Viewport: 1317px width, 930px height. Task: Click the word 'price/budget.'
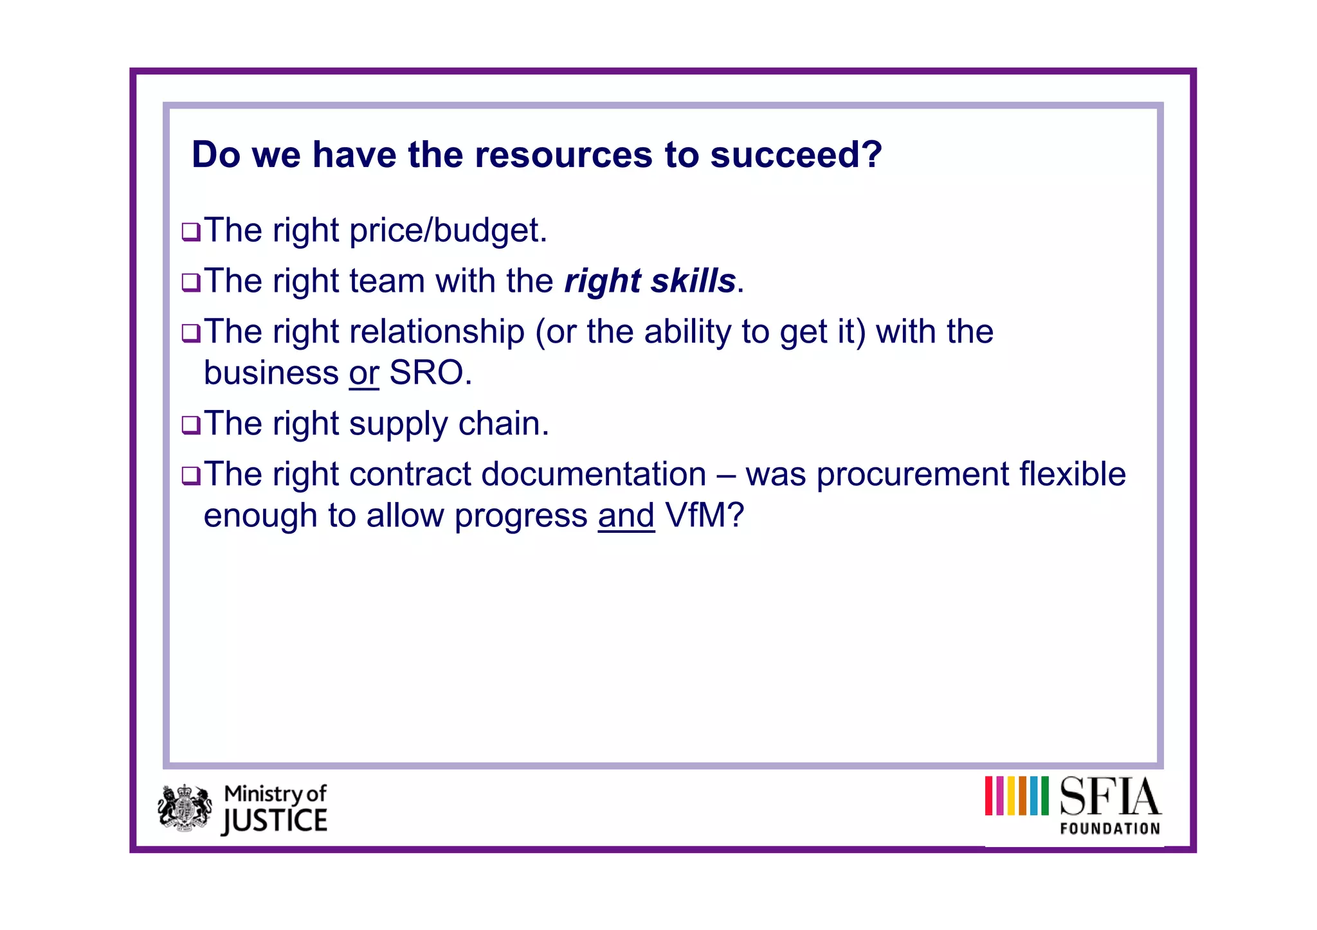(448, 231)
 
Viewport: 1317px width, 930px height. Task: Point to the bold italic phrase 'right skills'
(649, 282)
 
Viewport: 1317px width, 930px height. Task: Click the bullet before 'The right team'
(191, 282)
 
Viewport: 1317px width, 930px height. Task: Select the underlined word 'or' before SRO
(364, 373)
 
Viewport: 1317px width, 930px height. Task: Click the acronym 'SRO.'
(430, 373)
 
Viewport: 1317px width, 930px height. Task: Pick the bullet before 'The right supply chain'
(191, 425)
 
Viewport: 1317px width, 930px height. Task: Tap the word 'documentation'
(594, 474)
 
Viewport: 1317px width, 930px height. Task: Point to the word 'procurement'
(913, 474)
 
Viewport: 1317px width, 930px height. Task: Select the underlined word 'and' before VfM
(626, 515)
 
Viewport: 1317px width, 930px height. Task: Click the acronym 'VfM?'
(705, 515)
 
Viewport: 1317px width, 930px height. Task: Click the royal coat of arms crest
(185, 808)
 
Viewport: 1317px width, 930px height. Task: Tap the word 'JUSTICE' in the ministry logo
(275, 822)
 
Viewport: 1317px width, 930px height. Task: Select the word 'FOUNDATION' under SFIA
(1110, 828)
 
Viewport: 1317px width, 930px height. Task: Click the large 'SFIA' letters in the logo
(1110, 796)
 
